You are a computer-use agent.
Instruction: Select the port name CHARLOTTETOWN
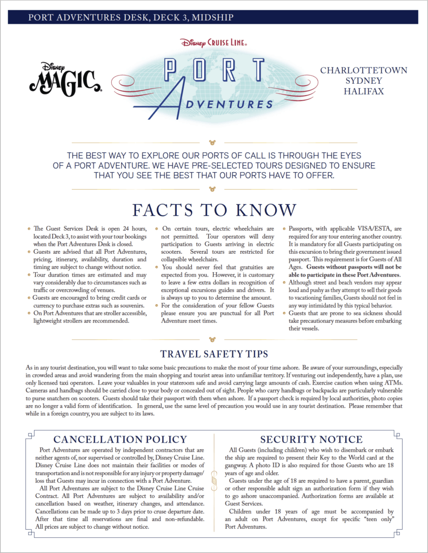363,71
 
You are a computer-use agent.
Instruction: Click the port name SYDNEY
363,81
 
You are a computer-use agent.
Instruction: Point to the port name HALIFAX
363,91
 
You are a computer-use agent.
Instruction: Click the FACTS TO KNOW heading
215,210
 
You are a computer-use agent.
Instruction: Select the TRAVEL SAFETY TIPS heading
214,354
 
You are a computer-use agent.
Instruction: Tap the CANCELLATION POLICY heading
120,439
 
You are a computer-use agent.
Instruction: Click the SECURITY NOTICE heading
311,439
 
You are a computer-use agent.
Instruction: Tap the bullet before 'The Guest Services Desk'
28,229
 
